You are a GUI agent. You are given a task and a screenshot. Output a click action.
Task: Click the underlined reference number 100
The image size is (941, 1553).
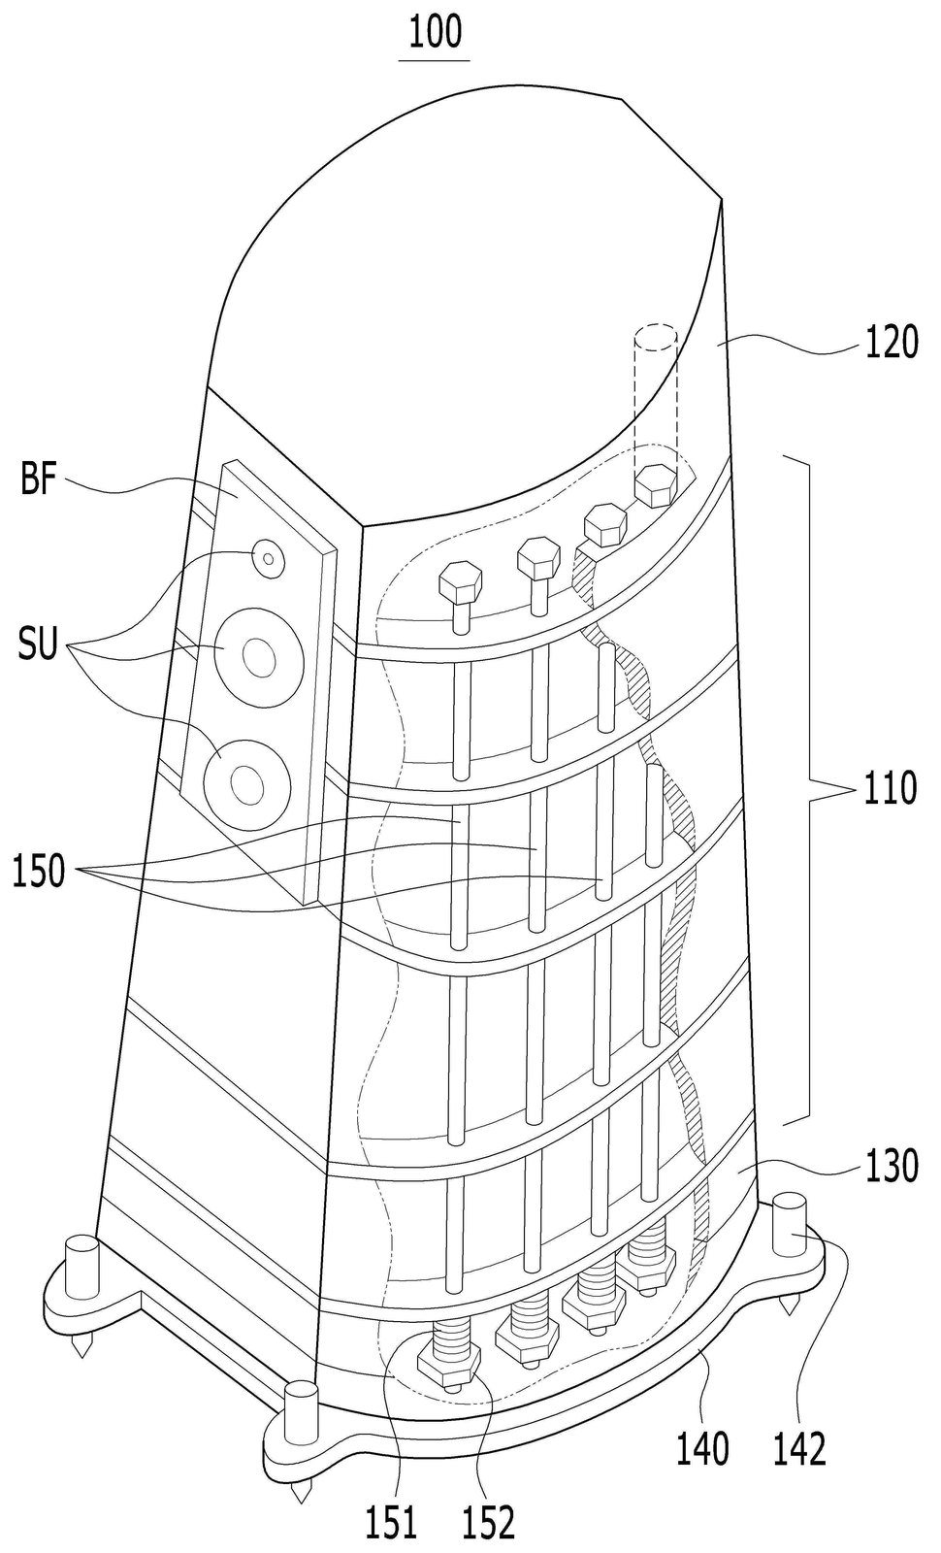435,33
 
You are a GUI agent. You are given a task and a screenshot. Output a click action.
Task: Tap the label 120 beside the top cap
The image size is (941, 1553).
892,342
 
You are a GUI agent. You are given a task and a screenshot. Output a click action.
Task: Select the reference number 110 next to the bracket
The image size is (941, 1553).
889,787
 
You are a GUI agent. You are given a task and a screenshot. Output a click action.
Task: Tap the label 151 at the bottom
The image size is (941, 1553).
392,1523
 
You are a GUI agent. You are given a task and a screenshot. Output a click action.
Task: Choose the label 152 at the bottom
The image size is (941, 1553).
490,1523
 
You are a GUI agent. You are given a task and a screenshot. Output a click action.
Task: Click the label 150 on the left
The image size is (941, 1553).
40,871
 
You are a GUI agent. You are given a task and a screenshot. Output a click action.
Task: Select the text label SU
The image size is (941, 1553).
38,644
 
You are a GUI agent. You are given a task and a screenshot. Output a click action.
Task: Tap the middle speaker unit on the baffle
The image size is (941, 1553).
258,657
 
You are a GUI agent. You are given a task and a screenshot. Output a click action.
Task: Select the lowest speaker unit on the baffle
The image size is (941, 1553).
246,784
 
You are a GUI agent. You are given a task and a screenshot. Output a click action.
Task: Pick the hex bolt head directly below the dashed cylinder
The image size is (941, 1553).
655,485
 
